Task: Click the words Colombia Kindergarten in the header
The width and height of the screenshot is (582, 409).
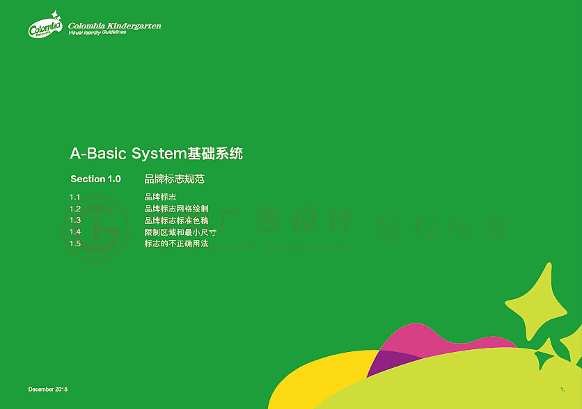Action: (114, 26)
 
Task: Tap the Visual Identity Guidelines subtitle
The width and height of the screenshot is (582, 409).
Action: (97, 33)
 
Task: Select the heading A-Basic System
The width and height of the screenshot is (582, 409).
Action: (157, 154)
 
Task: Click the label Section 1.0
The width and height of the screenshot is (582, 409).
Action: (95, 179)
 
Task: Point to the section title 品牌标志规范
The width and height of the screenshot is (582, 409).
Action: (174, 179)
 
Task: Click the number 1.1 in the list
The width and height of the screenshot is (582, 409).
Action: (75, 198)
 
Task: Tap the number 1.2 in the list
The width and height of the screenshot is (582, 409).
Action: (75, 209)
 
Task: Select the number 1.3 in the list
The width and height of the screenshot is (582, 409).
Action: (75, 220)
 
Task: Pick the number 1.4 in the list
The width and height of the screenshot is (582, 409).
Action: (75, 232)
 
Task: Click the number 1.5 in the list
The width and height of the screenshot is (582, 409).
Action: (75, 243)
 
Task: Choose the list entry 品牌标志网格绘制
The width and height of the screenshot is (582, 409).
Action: (176, 209)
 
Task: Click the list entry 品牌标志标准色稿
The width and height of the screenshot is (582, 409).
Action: (176, 220)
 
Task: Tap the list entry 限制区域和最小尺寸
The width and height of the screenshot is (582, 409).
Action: (180, 232)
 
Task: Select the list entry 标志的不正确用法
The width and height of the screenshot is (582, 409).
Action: (176, 243)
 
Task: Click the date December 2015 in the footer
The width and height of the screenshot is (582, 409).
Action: (48, 389)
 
